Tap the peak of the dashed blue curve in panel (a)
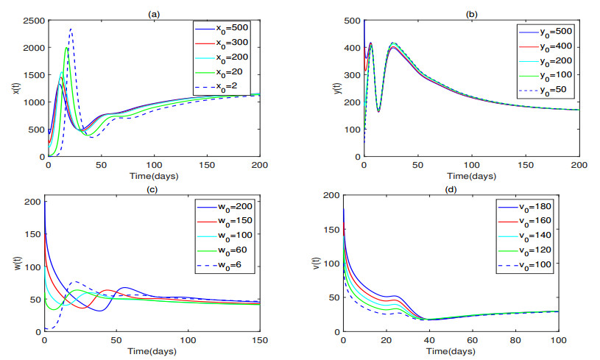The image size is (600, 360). point(71,29)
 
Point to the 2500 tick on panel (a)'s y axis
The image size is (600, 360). point(34,16)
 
